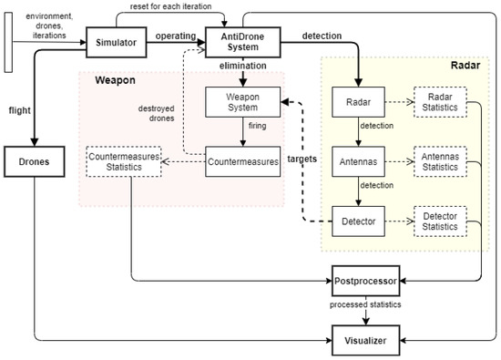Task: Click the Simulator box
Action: click(118, 40)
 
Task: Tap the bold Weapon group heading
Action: click(115, 80)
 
